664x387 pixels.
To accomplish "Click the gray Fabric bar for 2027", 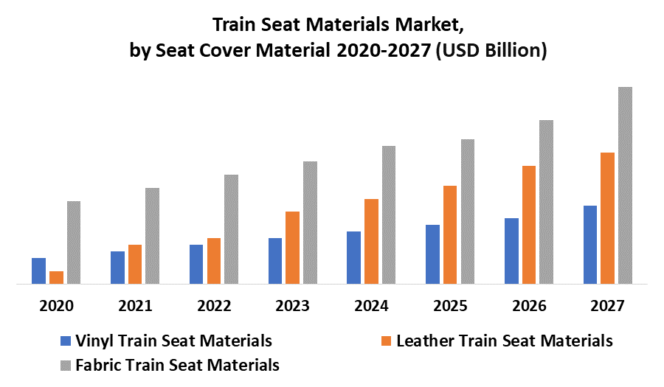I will coord(625,185).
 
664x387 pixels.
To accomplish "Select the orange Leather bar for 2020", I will coord(56,277).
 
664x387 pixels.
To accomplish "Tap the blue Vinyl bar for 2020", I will coord(38,271).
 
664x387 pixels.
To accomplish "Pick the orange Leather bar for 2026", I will coord(529,225).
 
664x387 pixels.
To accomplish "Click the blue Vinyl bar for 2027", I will coord(590,245).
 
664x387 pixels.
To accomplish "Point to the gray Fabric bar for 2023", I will coord(310,223).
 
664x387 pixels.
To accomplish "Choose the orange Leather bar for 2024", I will coord(371,241).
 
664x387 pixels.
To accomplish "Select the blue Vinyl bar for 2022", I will coord(196,264).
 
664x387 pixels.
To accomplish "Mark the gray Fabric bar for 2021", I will coord(152,236).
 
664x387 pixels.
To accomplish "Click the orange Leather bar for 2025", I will coord(450,234).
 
